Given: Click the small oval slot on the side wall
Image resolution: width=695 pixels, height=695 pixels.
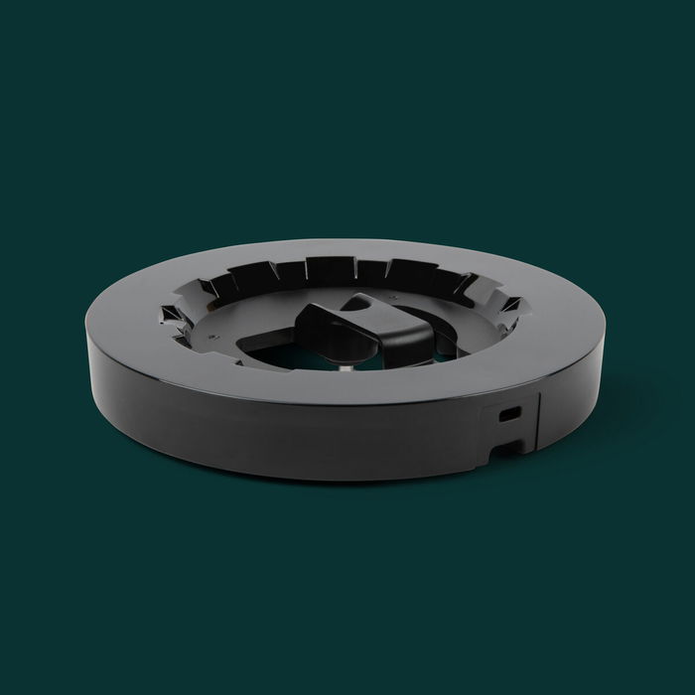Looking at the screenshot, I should [x=509, y=411].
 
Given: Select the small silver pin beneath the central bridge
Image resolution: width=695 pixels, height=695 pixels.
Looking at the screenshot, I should [x=343, y=368].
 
